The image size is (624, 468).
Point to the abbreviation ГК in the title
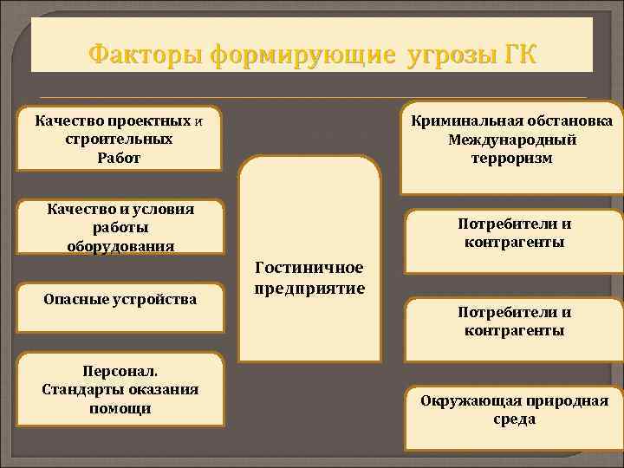(x=519, y=55)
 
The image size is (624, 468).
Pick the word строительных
(x=120, y=139)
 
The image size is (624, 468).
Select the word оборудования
(x=120, y=245)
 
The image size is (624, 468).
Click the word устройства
(x=157, y=299)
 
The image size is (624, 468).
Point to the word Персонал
(x=120, y=371)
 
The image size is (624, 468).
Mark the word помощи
(x=120, y=407)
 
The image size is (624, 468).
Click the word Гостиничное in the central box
(x=309, y=268)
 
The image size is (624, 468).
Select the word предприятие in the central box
(x=309, y=287)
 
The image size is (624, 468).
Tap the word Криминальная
(x=465, y=120)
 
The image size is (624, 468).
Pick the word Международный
(x=512, y=140)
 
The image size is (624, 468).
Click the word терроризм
(x=512, y=159)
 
